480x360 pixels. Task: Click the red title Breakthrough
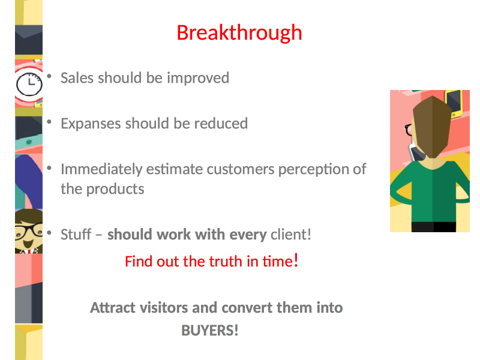[239, 33]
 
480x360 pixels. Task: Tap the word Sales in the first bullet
[77, 78]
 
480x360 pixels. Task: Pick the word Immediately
[101, 170]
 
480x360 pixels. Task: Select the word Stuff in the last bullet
[76, 235]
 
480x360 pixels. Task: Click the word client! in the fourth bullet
[291, 235]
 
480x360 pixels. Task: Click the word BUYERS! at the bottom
[210, 331]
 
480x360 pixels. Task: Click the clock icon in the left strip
[29, 84]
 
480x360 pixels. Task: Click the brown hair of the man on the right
[432, 126]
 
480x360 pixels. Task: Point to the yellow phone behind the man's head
[454, 103]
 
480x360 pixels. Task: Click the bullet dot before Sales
[49, 76]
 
